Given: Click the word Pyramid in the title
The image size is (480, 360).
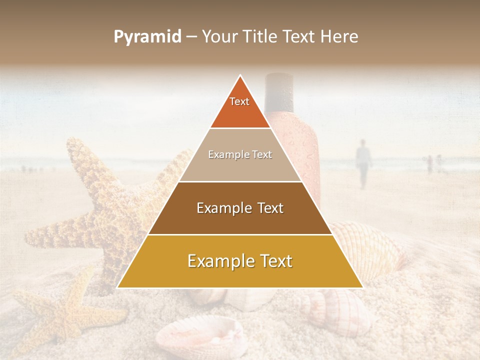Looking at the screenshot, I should (147, 37).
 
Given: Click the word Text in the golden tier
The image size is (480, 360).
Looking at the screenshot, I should (272, 261).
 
